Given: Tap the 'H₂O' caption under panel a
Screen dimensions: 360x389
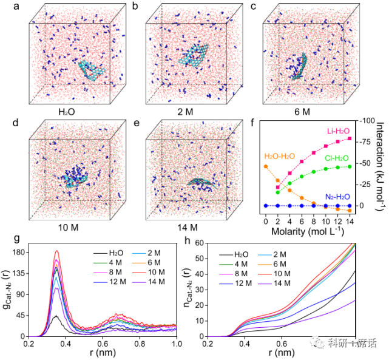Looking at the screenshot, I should tap(69, 112).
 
